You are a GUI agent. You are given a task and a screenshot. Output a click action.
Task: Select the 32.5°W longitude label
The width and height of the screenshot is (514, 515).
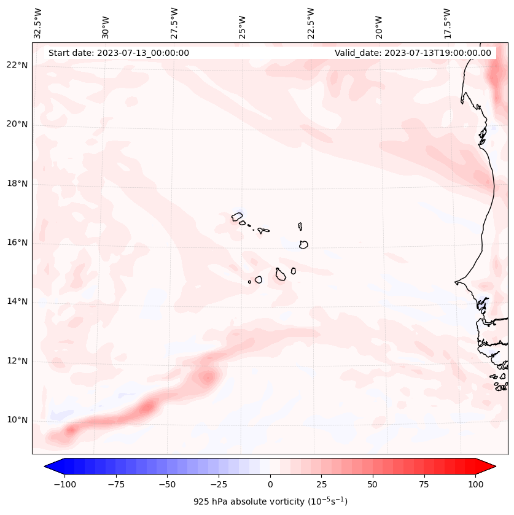(x=38, y=23)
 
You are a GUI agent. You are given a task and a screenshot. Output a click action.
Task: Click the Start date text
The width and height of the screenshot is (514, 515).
(x=119, y=53)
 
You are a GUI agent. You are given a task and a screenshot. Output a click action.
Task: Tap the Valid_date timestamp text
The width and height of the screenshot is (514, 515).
(x=413, y=53)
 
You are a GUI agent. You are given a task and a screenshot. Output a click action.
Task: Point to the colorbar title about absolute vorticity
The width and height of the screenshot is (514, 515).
(x=270, y=501)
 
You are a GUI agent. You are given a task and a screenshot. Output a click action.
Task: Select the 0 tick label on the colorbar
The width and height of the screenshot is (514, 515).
(x=270, y=484)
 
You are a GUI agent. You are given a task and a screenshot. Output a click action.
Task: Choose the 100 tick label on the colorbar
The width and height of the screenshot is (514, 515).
(x=476, y=484)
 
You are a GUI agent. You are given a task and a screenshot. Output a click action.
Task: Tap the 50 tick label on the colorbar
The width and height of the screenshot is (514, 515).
(x=373, y=484)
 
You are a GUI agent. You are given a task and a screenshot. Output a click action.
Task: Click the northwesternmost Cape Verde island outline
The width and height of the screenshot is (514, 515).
(x=237, y=216)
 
